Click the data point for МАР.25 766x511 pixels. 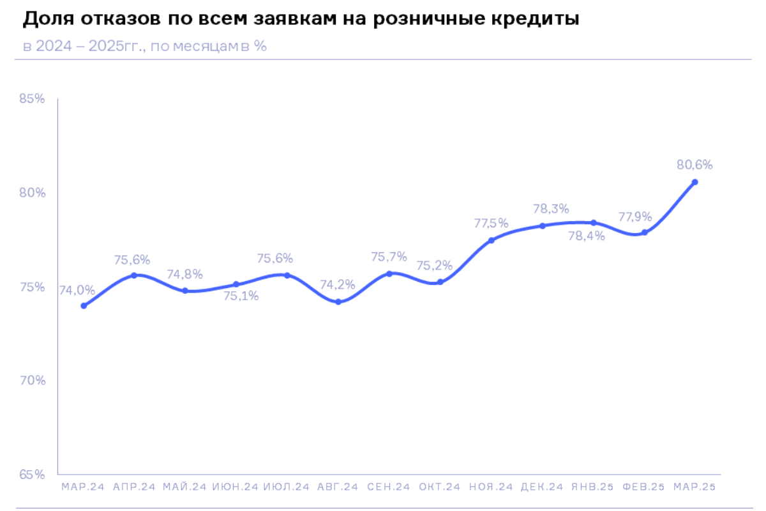(x=695, y=182)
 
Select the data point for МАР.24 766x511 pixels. (x=84, y=306)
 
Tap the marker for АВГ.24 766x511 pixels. (x=338, y=302)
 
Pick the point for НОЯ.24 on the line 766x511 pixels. (x=492, y=240)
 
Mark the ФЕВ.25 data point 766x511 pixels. (x=645, y=233)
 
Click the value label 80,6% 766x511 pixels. (x=695, y=165)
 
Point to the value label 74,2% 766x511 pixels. (x=338, y=285)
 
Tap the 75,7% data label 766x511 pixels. (x=389, y=257)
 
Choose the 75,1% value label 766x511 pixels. (x=241, y=296)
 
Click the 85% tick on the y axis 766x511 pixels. (x=32, y=99)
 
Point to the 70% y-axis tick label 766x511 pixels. (x=32, y=381)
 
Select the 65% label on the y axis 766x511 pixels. (x=32, y=475)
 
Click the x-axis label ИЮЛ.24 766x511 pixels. (x=287, y=487)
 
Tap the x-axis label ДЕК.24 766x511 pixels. (x=542, y=487)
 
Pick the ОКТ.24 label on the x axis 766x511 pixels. (x=440, y=487)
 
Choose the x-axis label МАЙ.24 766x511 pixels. (x=184, y=487)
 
